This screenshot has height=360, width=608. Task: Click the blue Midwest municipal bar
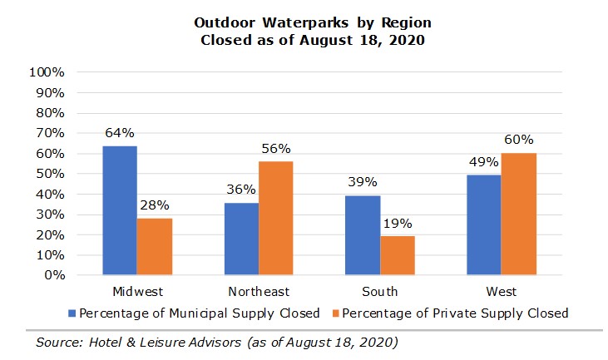click(120, 210)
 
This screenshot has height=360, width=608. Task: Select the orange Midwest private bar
click(154, 246)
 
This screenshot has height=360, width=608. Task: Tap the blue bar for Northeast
click(242, 239)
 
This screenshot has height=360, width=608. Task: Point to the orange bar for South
click(398, 255)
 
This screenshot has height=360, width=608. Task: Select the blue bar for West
click(484, 224)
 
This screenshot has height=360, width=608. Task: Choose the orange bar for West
click(519, 214)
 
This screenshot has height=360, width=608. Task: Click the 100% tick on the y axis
click(47, 72)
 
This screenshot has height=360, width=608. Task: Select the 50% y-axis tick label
click(50, 174)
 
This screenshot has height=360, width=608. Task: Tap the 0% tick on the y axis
click(54, 275)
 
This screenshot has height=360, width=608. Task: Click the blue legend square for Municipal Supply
click(73, 313)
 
